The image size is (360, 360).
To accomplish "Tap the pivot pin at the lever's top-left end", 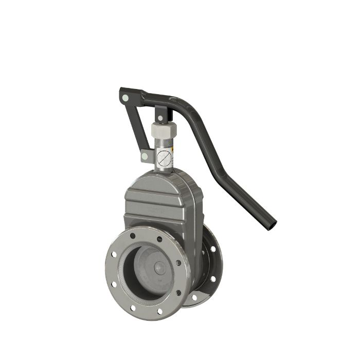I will pos(124,96).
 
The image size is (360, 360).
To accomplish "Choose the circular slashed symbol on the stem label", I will pos(163,156).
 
